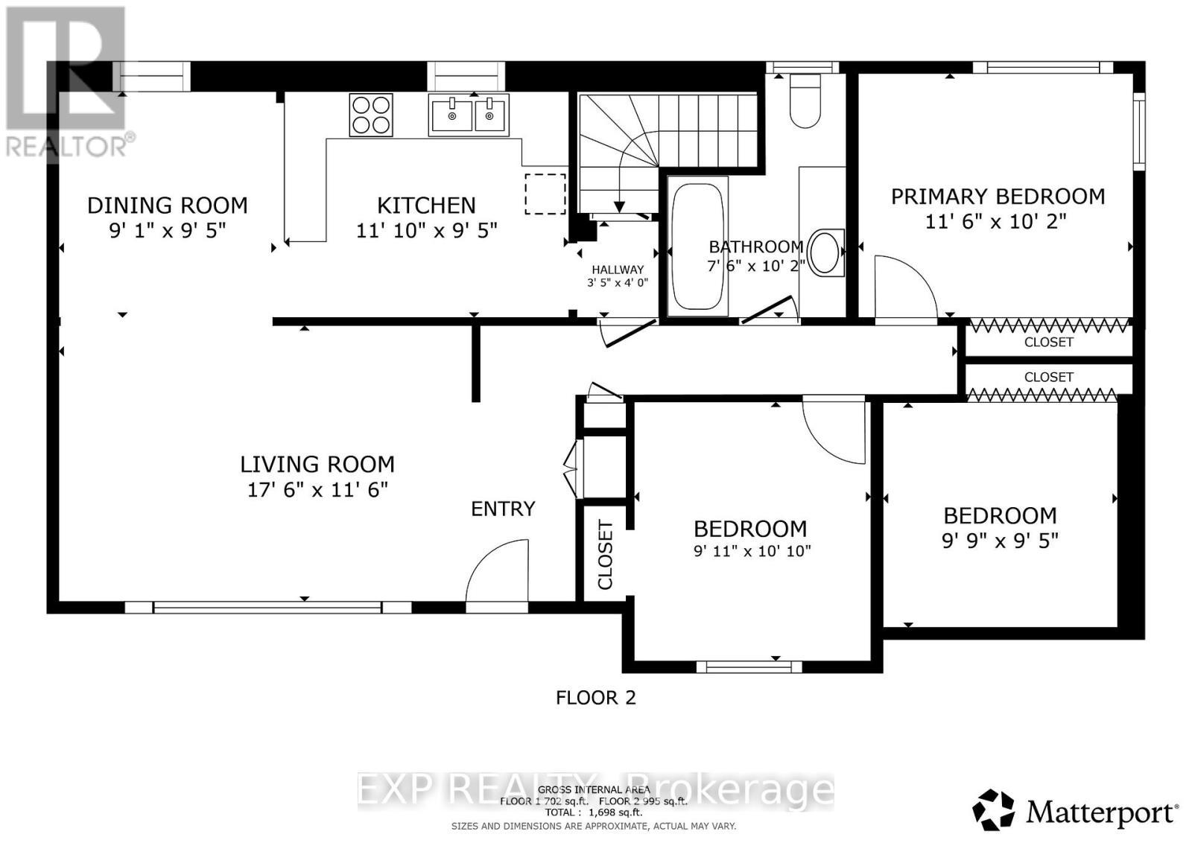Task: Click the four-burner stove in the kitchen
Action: click(x=371, y=115)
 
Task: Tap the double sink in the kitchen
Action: click(x=469, y=115)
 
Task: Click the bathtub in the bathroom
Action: click(x=697, y=246)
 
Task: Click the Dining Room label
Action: click(x=167, y=205)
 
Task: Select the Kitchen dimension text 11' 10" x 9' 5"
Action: click(x=426, y=230)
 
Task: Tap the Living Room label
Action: click(x=317, y=464)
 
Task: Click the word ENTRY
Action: click(x=503, y=509)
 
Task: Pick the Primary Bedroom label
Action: click(x=998, y=197)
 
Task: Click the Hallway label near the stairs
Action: click(x=617, y=270)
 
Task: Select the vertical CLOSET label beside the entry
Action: click(x=605, y=556)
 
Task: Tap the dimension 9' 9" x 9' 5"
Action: click(x=1000, y=541)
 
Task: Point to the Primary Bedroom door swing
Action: click(x=904, y=287)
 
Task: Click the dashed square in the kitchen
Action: click(x=545, y=194)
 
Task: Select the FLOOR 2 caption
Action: click(x=595, y=697)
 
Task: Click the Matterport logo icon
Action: click(x=993, y=810)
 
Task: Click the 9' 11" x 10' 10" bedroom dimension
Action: click(x=751, y=551)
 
